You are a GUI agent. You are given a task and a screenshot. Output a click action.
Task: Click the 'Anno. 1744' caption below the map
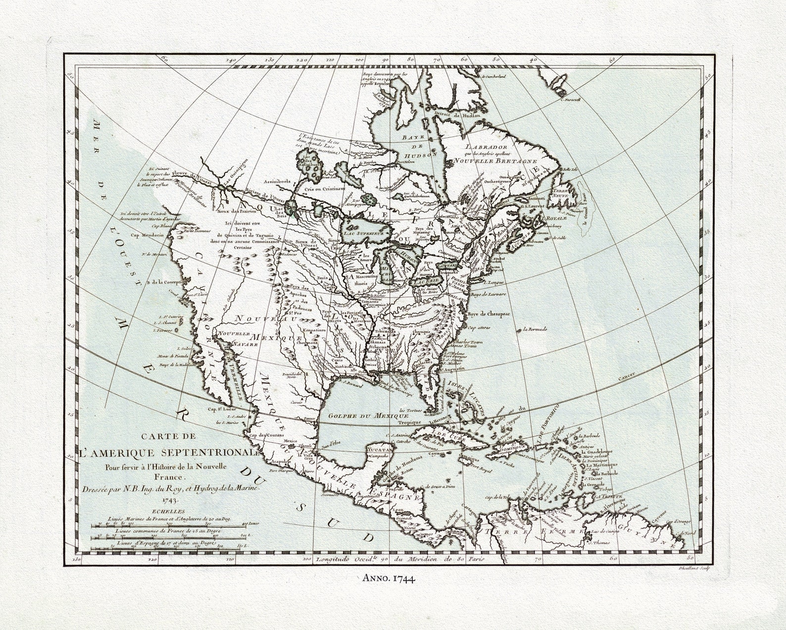388,577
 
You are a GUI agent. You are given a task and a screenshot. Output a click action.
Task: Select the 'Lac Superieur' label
364,232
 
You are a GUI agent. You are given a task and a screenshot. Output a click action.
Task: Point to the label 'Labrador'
487,147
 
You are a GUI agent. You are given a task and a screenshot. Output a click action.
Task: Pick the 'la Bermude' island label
532,329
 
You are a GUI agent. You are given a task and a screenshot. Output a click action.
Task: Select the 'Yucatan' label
380,450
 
